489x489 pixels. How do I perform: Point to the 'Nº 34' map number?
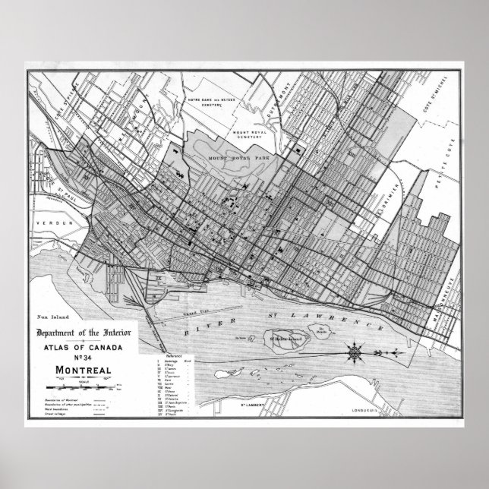coord(84,358)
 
